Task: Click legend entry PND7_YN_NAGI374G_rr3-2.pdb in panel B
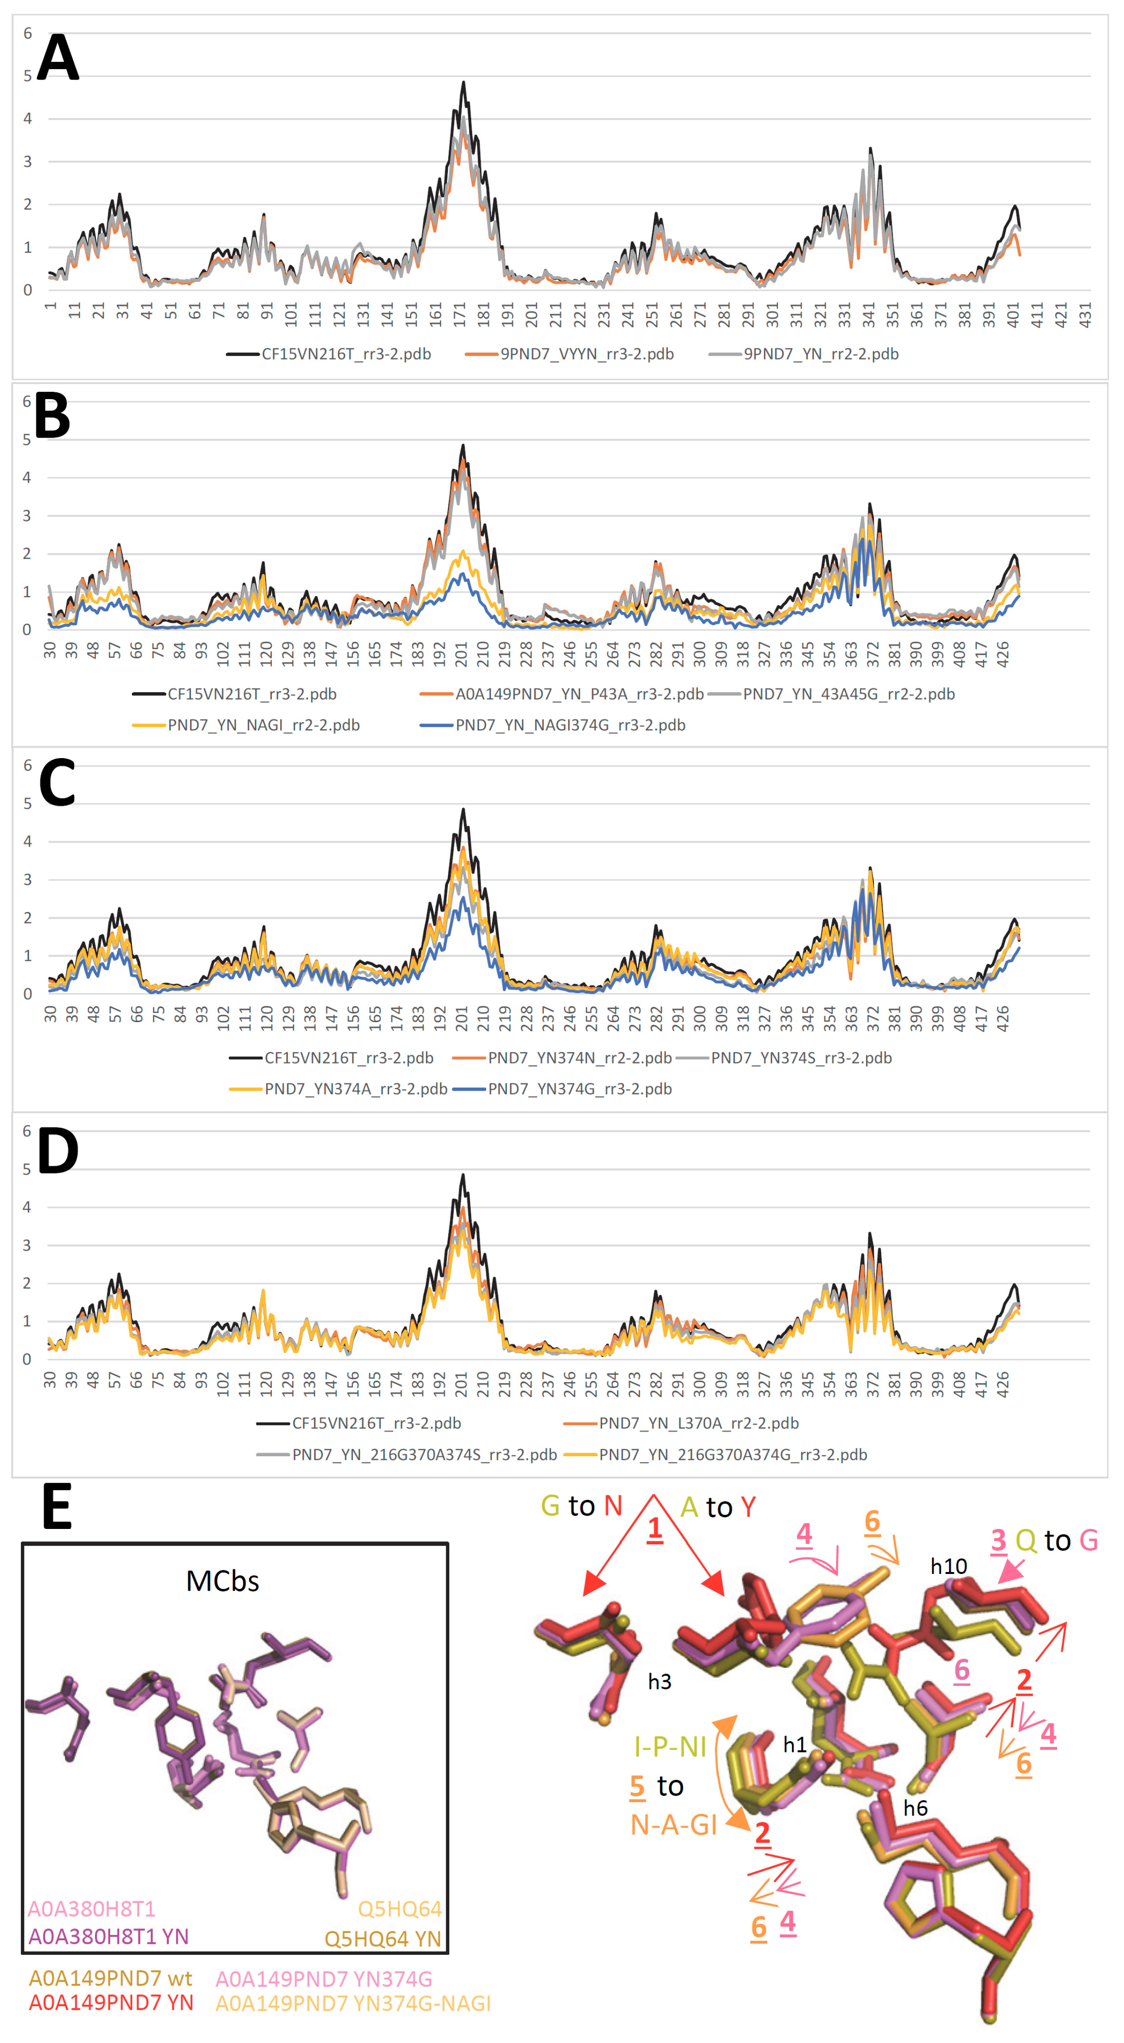[570, 725]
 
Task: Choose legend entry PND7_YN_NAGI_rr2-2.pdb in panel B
[263, 725]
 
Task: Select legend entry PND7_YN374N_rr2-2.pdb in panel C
[579, 1058]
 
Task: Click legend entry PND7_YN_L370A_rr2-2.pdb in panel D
[698, 1423]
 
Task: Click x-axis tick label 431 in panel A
[1085, 314]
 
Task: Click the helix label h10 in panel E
[948, 1566]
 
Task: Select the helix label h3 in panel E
[659, 1681]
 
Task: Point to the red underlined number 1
[654, 1529]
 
